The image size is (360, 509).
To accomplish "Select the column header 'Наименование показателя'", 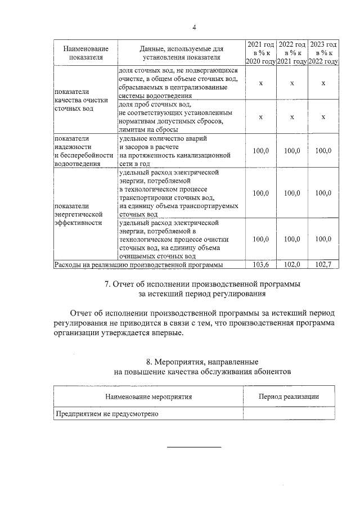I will coord(85,53).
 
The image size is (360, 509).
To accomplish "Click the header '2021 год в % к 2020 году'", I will coord(260,53).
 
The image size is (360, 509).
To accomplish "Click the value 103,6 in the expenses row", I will coord(260,264).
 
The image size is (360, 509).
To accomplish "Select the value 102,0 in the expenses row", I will coord(292,264).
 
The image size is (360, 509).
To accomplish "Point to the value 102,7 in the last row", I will coord(323,264).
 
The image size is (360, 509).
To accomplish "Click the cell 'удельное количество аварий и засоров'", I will coord(174,151).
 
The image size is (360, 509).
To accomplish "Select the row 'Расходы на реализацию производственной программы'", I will coord(138,264).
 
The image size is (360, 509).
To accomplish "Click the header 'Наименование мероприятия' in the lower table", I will coord(148,397).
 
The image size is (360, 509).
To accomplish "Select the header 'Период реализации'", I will coord(289,397).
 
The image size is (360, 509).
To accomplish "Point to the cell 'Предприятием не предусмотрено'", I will coord(106,414).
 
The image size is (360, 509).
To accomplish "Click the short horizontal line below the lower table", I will coord(194,447).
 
